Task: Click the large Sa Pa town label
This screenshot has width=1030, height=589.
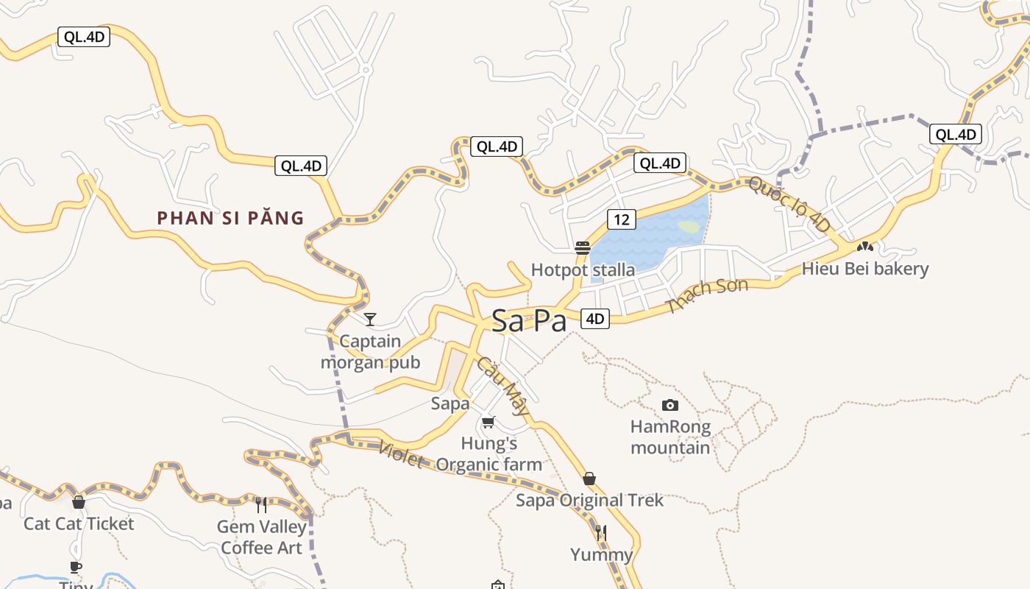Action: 529,321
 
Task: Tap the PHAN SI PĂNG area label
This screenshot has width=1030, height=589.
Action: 230,218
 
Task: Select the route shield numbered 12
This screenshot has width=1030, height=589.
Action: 622,219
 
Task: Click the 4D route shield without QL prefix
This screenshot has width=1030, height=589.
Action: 595,319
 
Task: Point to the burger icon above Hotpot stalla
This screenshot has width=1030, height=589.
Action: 583,248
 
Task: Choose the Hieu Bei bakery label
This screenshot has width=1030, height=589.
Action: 865,269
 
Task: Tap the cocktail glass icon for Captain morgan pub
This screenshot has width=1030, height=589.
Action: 370,319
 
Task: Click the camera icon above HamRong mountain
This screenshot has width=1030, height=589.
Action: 669,405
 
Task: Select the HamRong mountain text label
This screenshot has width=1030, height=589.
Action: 670,437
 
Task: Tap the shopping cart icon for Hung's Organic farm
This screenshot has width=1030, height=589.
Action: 488,422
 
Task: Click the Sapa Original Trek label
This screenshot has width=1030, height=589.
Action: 589,501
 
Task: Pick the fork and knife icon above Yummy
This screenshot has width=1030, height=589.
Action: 601,532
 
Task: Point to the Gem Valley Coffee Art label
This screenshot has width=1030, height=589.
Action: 261,537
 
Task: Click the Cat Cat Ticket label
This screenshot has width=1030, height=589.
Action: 79,524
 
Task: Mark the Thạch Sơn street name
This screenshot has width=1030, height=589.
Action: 707,295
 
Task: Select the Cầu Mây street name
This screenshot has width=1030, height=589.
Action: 502,386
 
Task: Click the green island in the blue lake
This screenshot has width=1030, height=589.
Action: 689,227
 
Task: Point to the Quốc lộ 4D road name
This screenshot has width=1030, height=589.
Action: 789,205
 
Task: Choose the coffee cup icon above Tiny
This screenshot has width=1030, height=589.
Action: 76,566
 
